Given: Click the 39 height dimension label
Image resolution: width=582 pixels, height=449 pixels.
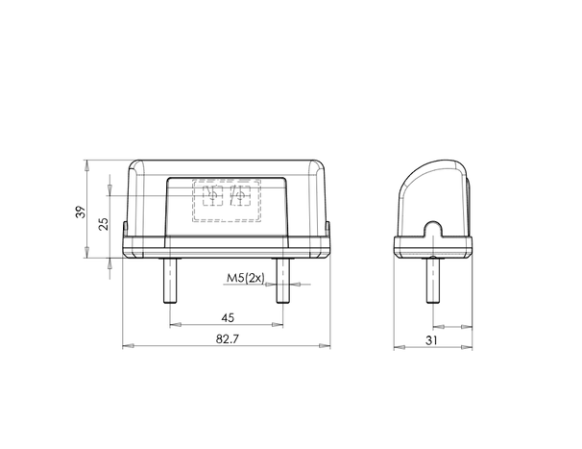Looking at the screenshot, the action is pos(80,212).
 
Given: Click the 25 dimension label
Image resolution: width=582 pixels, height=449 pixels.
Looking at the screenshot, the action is pos(104,224).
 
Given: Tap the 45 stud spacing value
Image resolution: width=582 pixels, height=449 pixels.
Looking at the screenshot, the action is pos(228,318).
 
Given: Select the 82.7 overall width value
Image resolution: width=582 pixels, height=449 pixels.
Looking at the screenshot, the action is pos(228,339).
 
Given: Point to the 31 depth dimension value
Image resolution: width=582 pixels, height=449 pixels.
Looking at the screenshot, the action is pos(431,340).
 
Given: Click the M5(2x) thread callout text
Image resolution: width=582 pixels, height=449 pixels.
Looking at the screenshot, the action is pos(245,278).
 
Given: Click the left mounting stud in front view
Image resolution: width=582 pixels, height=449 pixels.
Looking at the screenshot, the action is pos(170,281).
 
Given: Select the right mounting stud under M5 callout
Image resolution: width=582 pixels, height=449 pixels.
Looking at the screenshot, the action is pos(282,281).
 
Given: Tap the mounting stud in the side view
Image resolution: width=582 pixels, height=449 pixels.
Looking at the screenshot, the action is pos(433,281).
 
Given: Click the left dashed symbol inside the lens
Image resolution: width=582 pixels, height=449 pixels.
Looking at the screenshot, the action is pos(212,195).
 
